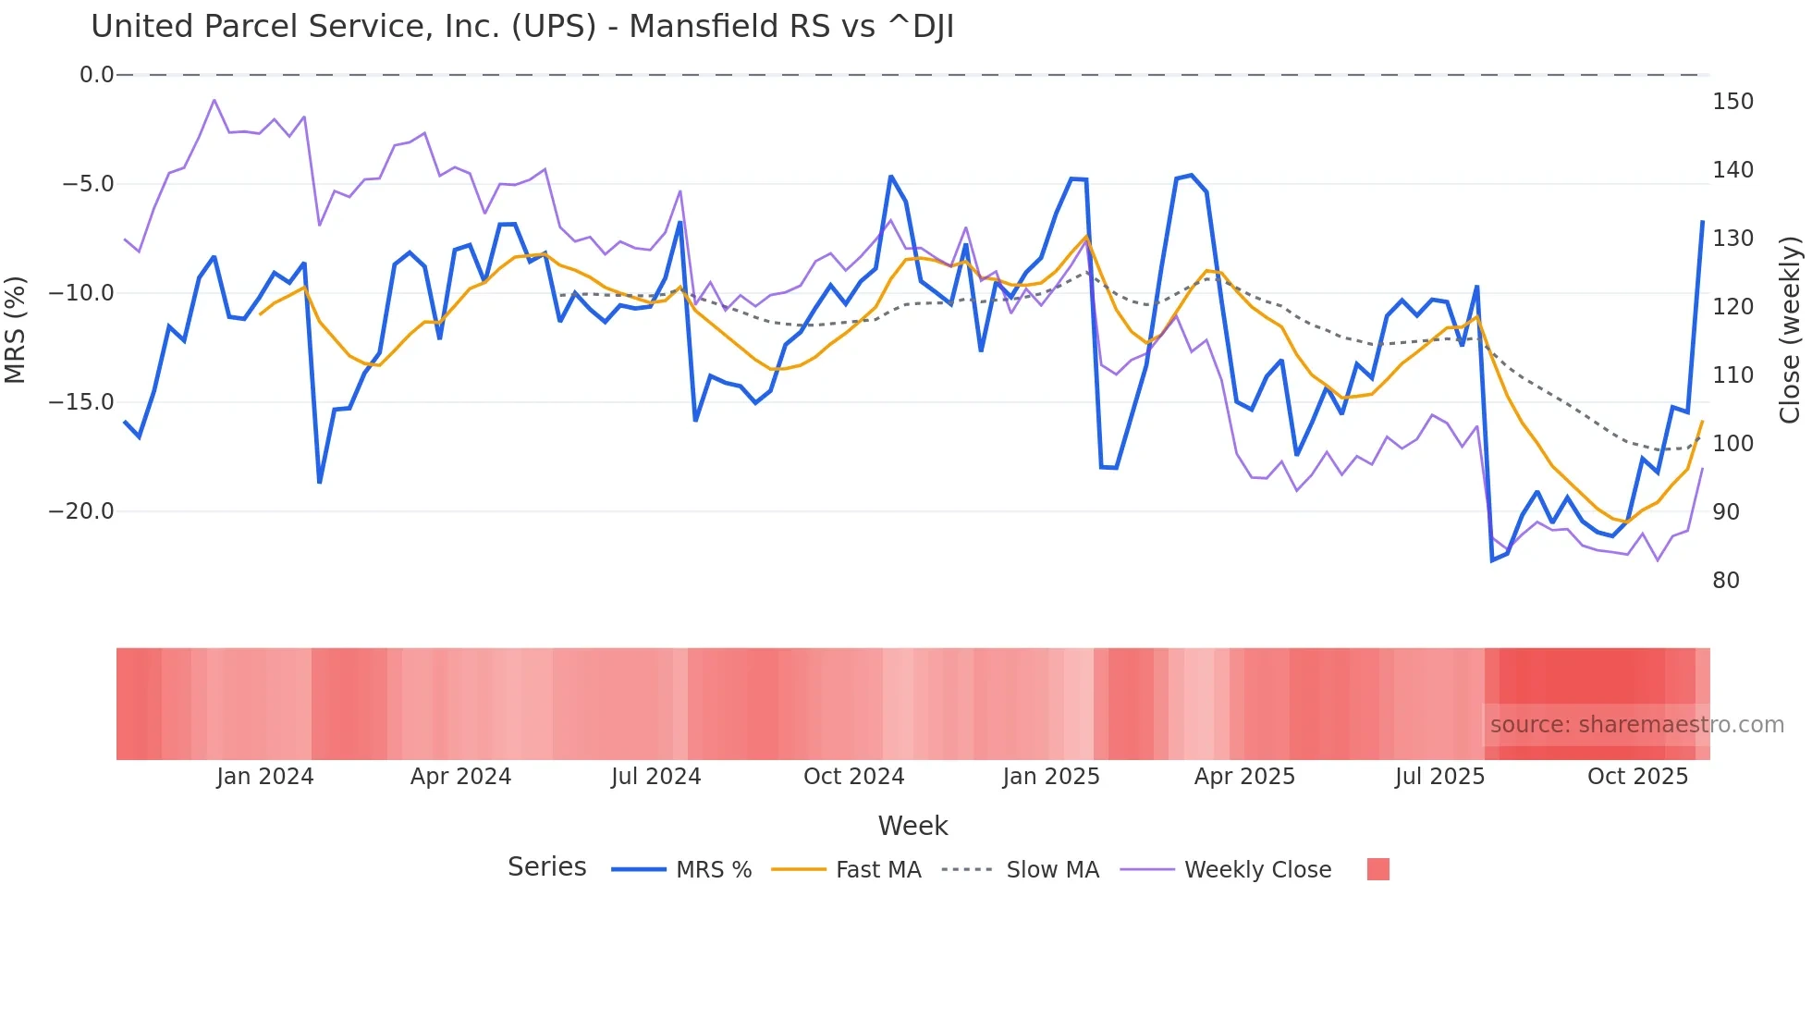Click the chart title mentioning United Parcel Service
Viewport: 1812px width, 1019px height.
pos(522,27)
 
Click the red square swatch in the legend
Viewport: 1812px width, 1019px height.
pos(1377,869)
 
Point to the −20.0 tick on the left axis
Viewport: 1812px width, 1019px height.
pos(81,511)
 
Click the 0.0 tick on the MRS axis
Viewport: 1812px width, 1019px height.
pos(96,75)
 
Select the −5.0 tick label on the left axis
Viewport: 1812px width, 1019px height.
pos(88,184)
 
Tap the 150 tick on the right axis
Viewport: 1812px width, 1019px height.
pos(1732,102)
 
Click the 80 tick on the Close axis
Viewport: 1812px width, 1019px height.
pos(1726,581)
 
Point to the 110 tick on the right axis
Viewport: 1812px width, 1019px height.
pos(1732,375)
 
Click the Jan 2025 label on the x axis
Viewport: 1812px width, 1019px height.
pos(1051,777)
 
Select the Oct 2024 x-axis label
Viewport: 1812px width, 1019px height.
pos(853,777)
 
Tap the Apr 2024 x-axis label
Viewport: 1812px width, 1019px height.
pos(460,777)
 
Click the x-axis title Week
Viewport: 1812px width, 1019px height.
pos(912,826)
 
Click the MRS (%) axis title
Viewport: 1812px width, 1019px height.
pos(16,330)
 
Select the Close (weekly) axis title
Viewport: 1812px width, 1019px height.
pos(1791,330)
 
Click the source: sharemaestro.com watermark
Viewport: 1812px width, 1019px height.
pos(1636,725)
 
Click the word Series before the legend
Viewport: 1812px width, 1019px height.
pos(546,867)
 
